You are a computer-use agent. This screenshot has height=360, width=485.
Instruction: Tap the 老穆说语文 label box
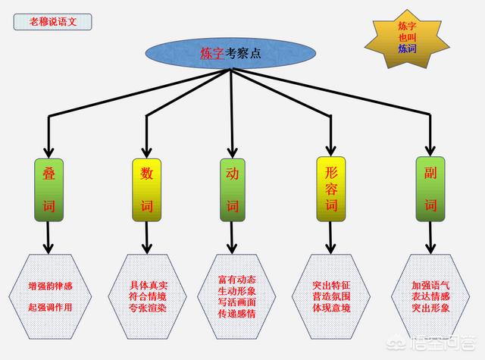tap(52, 20)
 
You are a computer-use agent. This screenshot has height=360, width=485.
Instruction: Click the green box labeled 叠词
tap(48, 189)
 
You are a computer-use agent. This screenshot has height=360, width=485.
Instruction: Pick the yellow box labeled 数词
tap(147, 189)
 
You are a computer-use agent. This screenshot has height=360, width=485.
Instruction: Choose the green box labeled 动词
tap(233, 189)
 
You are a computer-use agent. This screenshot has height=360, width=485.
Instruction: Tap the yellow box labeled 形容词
tap(330, 189)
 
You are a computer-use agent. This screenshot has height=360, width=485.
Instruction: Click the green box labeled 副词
tap(430, 189)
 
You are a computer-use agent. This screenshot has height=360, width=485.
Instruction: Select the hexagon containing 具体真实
tap(148, 297)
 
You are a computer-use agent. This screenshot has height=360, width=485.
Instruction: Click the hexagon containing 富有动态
tap(233, 297)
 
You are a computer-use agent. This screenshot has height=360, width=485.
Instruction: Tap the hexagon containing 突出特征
tap(331, 297)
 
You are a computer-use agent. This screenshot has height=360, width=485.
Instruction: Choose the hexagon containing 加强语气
tap(430, 297)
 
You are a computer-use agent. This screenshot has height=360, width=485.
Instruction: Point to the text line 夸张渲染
tap(149, 308)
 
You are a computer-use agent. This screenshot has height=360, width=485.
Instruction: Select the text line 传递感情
tap(233, 312)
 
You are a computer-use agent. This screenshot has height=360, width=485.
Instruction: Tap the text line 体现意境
tap(331, 308)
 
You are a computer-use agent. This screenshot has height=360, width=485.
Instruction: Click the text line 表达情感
tap(430, 297)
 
